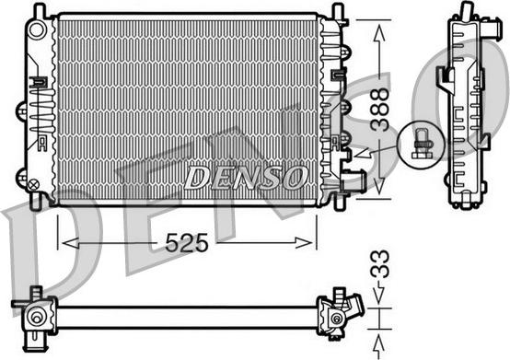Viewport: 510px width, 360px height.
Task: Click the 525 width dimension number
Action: pyautogui.click(x=186, y=243)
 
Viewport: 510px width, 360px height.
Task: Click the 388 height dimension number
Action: pyautogui.click(x=380, y=110)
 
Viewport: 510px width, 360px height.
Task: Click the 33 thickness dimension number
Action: pyautogui.click(x=380, y=264)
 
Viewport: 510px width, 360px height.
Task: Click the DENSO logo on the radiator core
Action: pyautogui.click(x=246, y=178)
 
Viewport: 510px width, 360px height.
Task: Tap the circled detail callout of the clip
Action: pyautogui.click(x=422, y=145)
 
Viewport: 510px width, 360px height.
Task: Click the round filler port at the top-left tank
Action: pyautogui.click(x=39, y=29)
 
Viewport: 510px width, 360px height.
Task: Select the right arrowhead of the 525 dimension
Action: pyautogui.click(x=303, y=242)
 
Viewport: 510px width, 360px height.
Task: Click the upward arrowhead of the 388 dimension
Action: pyautogui.click(x=379, y=33)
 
